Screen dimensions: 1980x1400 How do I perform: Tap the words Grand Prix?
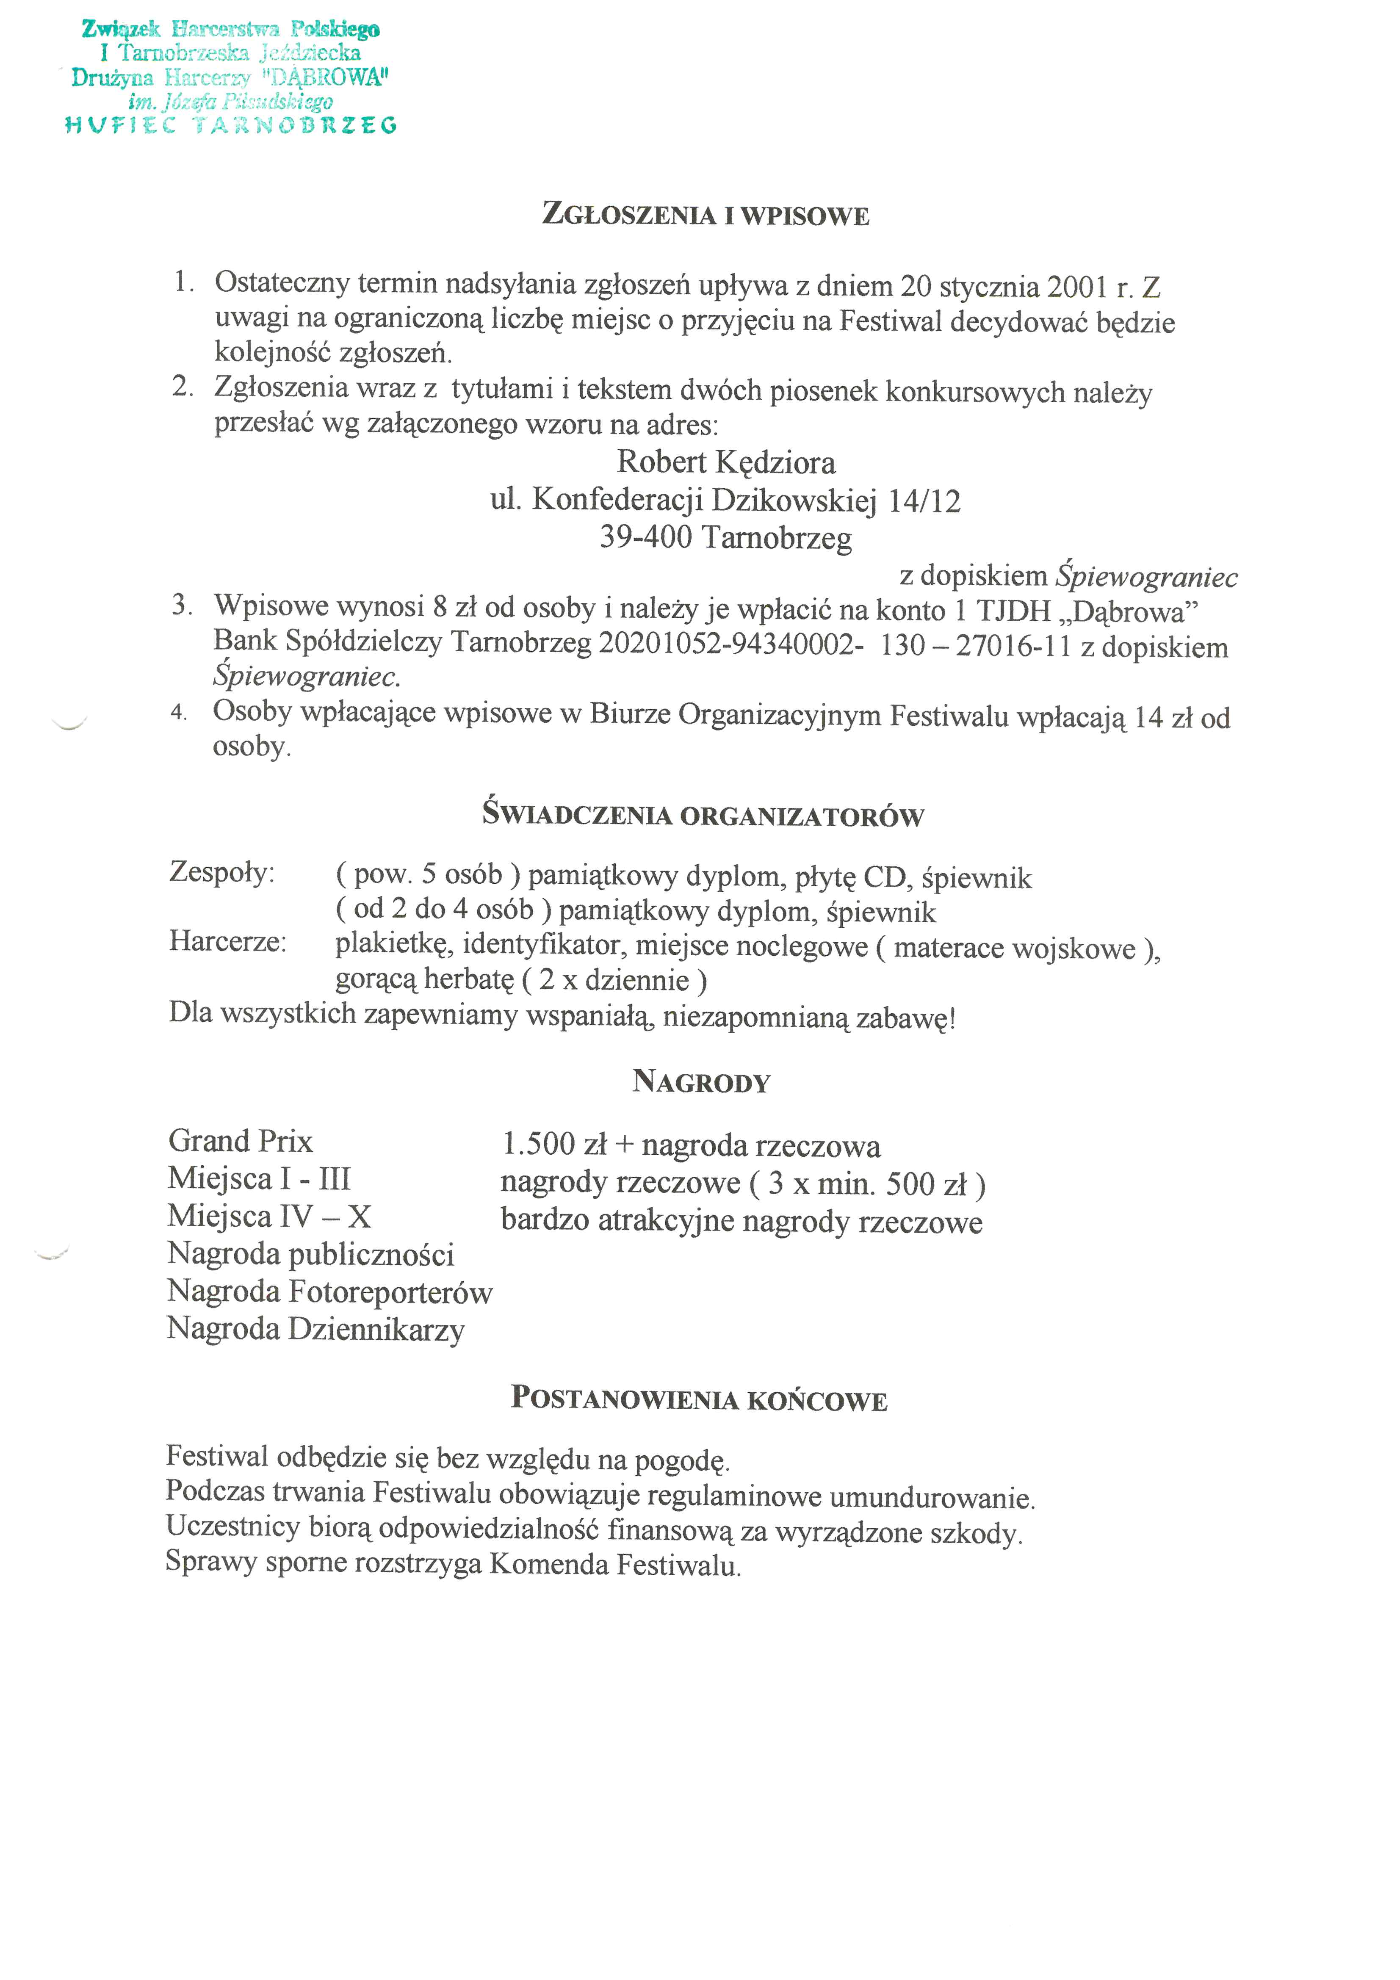[241, 1142]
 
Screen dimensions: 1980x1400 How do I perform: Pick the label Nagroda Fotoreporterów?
[329, 1292]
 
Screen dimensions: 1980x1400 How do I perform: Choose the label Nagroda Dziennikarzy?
[316, 1329]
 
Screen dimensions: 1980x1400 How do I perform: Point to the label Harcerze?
[228, 941]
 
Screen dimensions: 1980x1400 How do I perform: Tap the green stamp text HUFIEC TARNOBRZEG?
[231, 126]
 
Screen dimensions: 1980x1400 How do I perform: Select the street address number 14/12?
[923, 501]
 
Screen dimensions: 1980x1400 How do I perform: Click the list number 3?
[181, 606]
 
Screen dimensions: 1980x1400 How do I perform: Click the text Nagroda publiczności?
[310, 1254]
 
